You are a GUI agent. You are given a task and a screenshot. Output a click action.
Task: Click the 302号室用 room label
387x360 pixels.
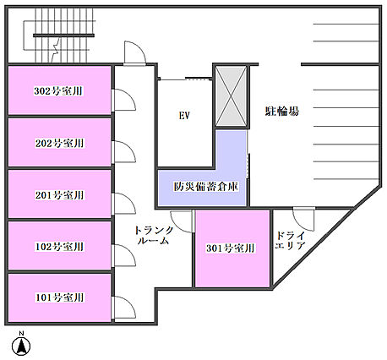(58, 91)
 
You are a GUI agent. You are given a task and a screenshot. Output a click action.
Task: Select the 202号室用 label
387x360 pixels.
(59, 143)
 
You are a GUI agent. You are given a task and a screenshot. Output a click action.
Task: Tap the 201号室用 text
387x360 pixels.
(59, 195)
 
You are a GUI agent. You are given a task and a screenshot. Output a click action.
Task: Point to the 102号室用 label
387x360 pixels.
(59, 247)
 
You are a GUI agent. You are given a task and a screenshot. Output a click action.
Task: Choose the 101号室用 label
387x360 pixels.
(59, 297)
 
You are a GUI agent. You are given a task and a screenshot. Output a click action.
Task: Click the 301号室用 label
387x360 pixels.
(231, 248)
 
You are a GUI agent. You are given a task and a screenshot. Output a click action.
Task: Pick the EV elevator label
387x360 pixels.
(184, 116)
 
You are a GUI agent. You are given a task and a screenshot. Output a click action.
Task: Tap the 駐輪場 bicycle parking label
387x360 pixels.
(281, 111)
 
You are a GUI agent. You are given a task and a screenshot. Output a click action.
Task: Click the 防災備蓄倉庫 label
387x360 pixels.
(206, 187)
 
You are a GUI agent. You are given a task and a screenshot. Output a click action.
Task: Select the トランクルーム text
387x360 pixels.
(154, 235)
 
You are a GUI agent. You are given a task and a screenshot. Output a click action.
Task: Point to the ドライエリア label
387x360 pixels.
(290, 240)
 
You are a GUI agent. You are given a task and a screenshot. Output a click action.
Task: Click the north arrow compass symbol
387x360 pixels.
(21, 346)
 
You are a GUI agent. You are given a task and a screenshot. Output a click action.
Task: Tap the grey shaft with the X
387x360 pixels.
(231, 96)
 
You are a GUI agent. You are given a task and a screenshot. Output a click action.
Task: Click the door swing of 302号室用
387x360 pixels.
(123, 100)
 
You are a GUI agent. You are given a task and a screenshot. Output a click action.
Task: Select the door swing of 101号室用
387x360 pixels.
(123, 308)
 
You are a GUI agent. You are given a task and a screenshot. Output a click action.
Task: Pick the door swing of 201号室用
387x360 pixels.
(123, 204)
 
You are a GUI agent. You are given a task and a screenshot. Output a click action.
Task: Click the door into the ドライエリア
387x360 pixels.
(303, 219)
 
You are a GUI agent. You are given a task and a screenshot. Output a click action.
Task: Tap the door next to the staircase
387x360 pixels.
(135, 53)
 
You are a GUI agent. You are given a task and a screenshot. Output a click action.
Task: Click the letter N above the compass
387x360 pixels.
(21, 334)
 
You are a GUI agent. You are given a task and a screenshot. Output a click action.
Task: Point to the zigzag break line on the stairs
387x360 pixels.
(56, 50)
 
